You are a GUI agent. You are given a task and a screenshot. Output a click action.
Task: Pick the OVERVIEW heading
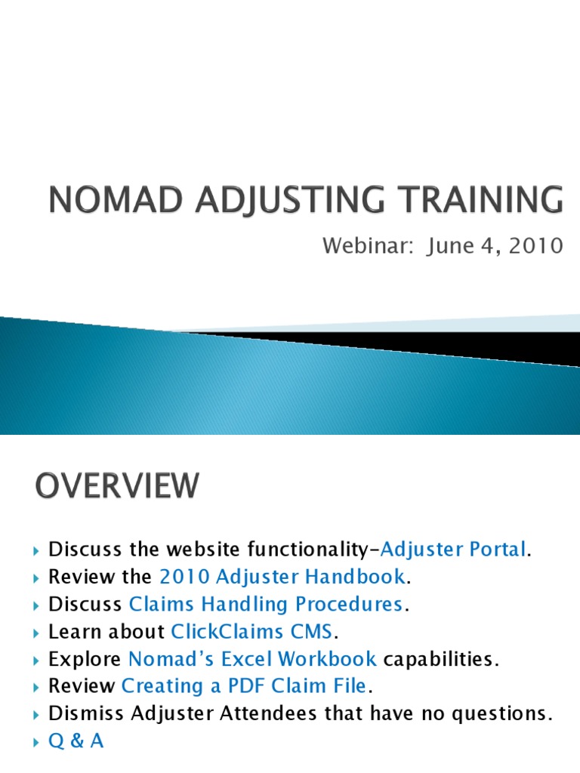click(117, 485)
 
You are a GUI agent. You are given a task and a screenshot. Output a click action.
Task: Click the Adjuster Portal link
click(453, 550)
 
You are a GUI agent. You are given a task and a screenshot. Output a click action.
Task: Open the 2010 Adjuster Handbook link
click(282, 577)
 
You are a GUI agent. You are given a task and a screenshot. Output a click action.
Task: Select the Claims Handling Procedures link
click(265, 604)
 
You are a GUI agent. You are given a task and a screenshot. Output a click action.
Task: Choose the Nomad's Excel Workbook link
click(252, 658)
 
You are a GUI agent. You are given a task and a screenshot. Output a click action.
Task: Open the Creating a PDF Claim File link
click(243, 685)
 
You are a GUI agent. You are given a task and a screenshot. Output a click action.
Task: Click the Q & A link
click(76, 741)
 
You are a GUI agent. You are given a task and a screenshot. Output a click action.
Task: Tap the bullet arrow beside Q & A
click(39, 741)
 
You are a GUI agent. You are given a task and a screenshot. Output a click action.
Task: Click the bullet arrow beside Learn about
click(39, 632)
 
